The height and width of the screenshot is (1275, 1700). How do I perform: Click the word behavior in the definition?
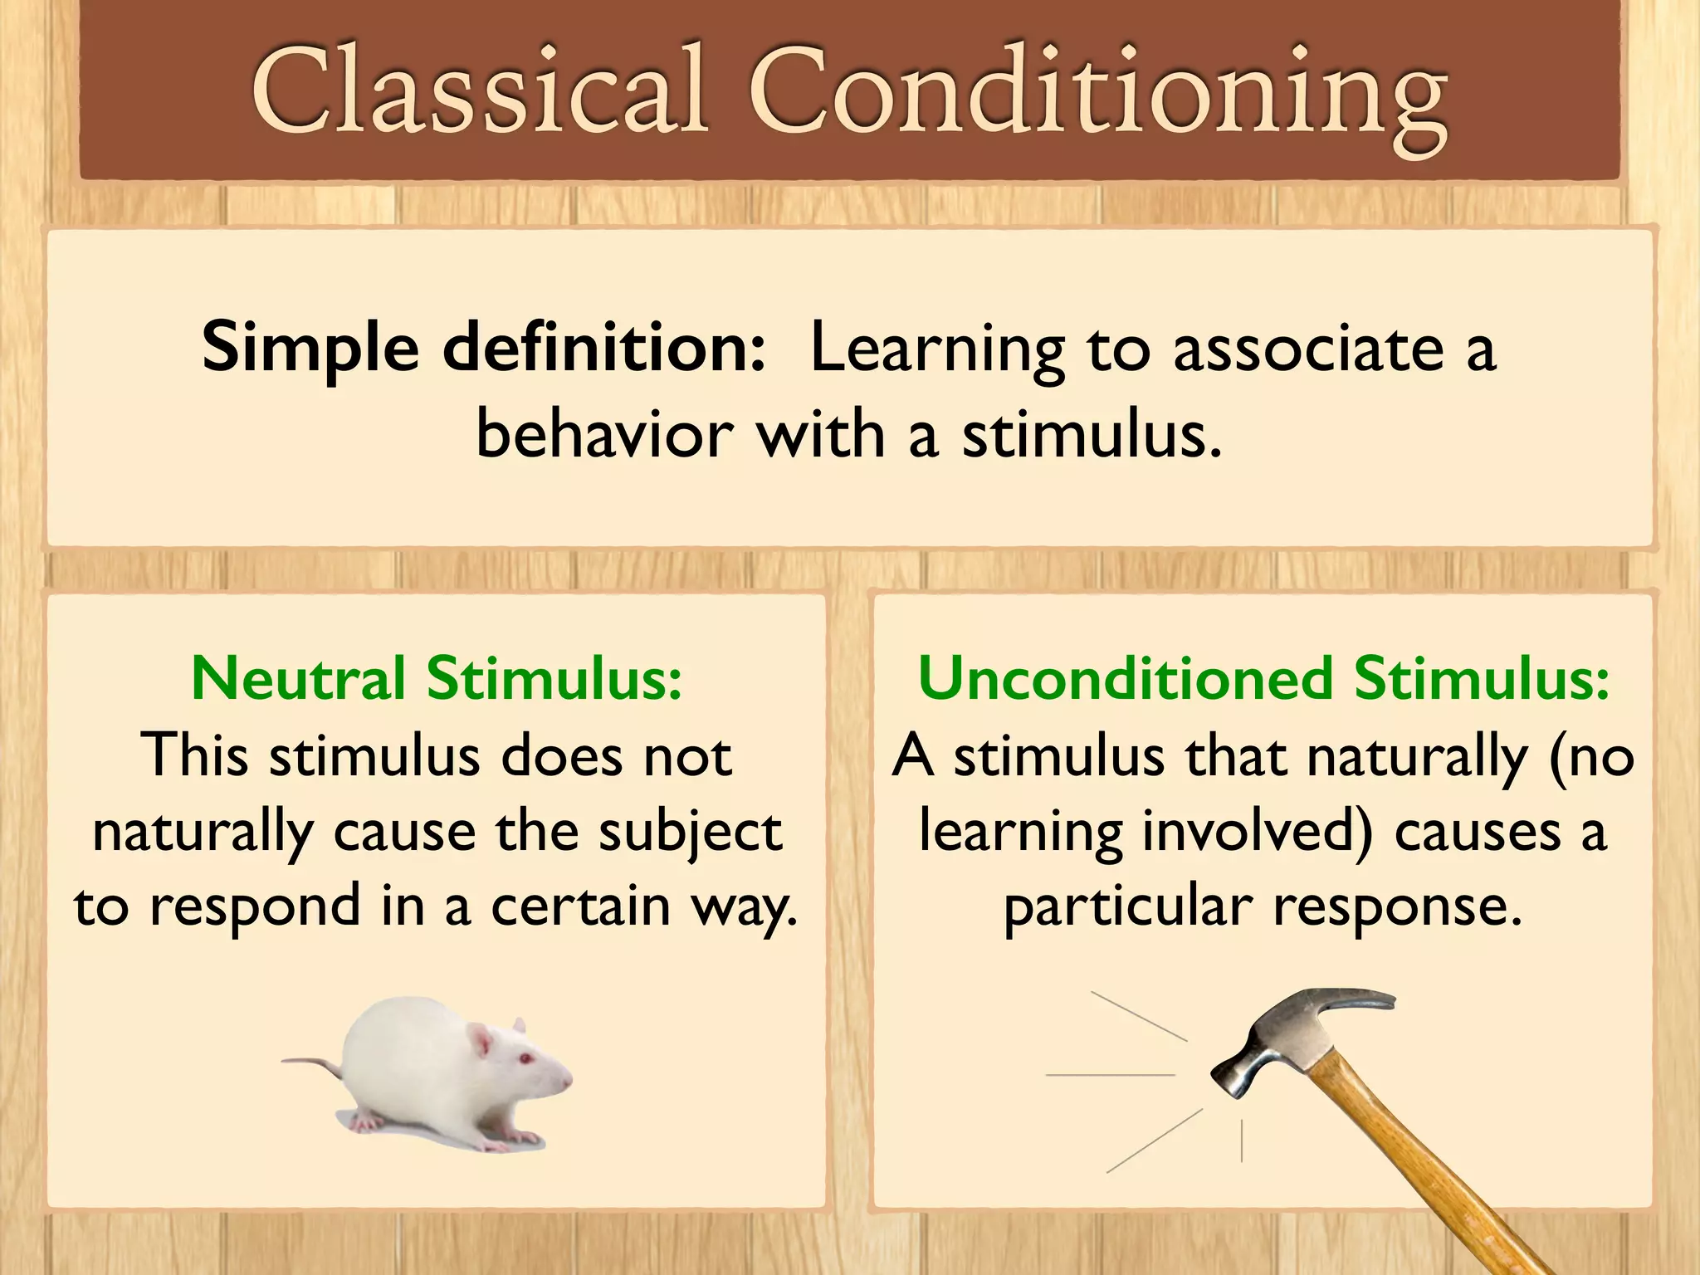tap(605, 435)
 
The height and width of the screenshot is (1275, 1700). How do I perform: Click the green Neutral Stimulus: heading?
tap(437, 678)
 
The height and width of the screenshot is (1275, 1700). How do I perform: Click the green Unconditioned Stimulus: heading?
tap(1263, 678)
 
